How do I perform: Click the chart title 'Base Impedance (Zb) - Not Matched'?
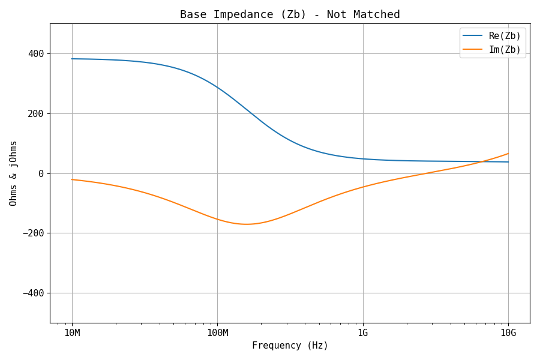pos(290,14)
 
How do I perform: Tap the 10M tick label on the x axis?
pos(72,333)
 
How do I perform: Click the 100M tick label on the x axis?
pos(217,333)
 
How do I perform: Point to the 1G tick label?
pos(363,333)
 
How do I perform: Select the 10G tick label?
pos(508,333)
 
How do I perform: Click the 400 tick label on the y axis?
pos(36,53)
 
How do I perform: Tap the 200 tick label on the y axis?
pos(36,113)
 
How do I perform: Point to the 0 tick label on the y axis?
pos(41,173)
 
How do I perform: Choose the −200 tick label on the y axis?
pos(34,233)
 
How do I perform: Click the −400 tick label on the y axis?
pos(34,293)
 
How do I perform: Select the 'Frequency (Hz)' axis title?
pos(290,346)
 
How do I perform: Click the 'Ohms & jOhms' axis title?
pos(13,173)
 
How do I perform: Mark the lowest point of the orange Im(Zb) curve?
pos(246,224)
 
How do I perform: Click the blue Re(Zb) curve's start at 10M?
pos(72,59)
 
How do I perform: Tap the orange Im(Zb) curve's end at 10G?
pos(508,154)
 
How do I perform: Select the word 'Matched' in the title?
pos(379,14)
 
